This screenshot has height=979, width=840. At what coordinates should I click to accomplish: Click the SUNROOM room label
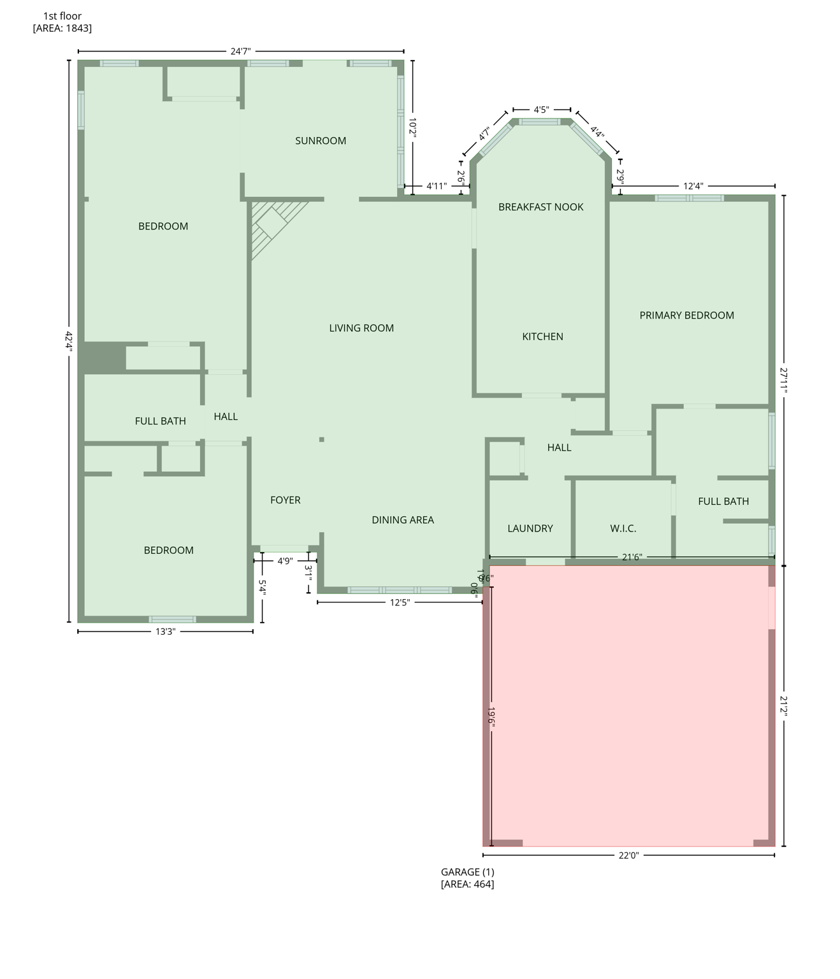pyautogui.click(x=321, y=141)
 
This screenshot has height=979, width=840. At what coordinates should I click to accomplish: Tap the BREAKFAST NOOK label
pyautogui.click(x=540, y=207)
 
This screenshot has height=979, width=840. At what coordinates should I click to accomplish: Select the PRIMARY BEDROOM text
pyautogui.click(x=686, y=315)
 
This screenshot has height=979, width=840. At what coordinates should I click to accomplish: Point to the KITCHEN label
pyautogui.click(x=542, y=337)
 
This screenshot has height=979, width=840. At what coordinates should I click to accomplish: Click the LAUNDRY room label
pyautogui.click(x=530, y=528)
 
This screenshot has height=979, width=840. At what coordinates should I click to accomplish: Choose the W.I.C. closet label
pyautogui.click(x=623, y=528)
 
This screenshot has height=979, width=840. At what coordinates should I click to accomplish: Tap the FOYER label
pyautogui.click(x=285, y=500)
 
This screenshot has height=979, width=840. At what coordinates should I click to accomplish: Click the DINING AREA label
pyautogui.click(x=403, y=520)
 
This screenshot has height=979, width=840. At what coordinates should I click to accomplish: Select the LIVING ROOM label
pyautogui.click(x=361, y=328)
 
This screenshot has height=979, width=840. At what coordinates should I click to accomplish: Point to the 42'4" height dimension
pyautogui.click(x=69, y=340)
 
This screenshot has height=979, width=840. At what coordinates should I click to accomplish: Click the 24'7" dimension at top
pyautogui.click(x=240, y=52)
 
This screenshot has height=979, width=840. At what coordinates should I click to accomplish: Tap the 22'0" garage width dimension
pyautogui.click(x=628, y=855)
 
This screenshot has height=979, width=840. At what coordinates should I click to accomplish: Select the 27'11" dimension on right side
pyautogui.click(x=784, y=380)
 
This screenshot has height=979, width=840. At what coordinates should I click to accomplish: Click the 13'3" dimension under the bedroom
pyautogui.click(x=165, y=632)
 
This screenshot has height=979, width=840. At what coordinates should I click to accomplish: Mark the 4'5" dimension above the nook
pyautogui.click(x=541, y=110)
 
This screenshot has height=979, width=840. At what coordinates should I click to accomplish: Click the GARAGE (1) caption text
pyautogui.click(x=467, y=872)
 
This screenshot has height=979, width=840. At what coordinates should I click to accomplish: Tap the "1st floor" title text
pyautogui.click(x=62, y=16)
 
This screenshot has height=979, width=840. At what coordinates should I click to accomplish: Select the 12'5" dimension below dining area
pyautogui.click(x=400, y=602)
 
